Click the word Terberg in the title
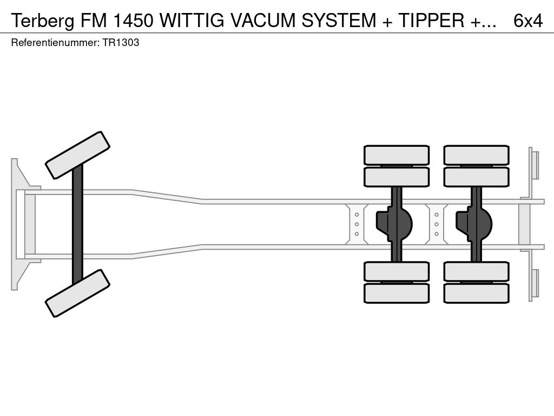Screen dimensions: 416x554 coord(40,20)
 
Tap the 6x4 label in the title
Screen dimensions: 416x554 coord(527,20)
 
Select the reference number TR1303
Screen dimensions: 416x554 coord(120,43)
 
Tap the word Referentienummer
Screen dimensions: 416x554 coord(54,43)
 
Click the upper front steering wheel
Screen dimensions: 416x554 coord(77,155)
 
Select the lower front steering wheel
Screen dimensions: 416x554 coord(77,293)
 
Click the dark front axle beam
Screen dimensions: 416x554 coord(77,224)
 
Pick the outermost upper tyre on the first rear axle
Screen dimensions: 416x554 coord(397,155)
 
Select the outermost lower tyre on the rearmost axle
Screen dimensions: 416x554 coord(476,294)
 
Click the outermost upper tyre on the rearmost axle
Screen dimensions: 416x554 coord(476,155)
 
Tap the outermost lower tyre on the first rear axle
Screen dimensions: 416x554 coord(397,294)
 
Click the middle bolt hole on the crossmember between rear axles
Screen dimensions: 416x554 coord(437,224)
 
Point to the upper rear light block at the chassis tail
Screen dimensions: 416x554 coord(535,165)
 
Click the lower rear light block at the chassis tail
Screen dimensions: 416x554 coord(535,283)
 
